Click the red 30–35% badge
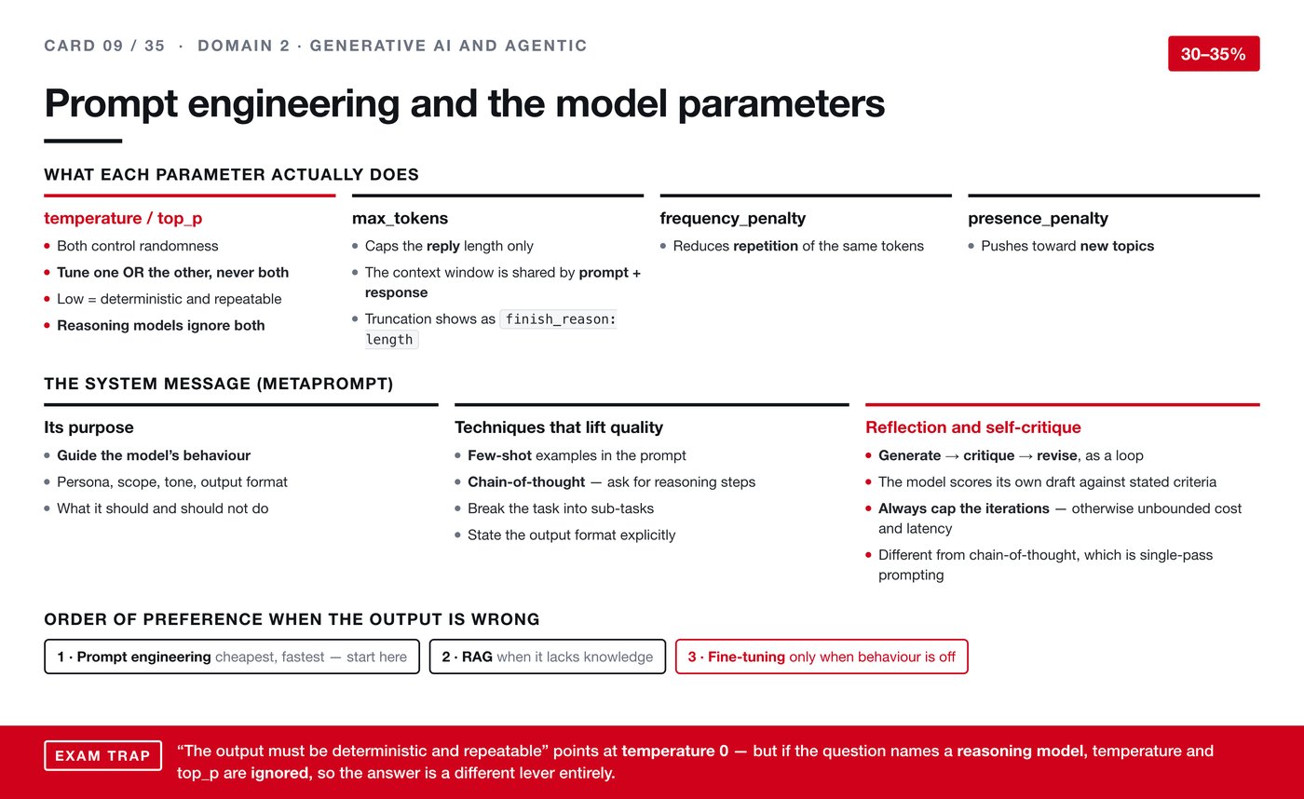click(1214, 53)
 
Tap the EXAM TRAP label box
click(103, 755)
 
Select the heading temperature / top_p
click(123, 218)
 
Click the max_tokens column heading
click(400, 218)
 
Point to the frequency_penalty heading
click(732, 218)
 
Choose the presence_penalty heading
click(1038, 218)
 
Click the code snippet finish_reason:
click(558, 318)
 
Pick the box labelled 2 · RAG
click(548, 657)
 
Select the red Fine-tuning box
click(822, 657)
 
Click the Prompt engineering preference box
click(232, 657)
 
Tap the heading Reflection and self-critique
click(972, 427)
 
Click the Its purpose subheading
click(89, 427)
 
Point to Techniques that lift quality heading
click(559, 427)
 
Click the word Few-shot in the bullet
click(499, 455)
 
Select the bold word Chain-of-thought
click(526, 481)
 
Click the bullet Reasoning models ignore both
click(160, 325)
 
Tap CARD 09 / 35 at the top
click(104, 46)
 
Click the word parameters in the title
click(781, 103)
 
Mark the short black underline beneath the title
click(83, 141)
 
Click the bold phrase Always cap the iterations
click(963, 508)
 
